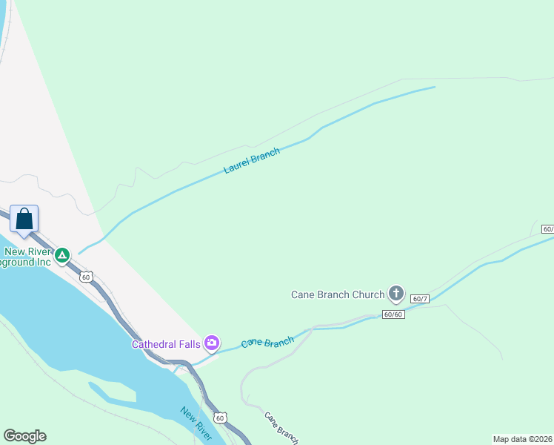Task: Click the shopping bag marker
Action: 24,220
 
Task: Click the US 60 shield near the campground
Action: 87,277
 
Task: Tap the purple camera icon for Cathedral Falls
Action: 213,343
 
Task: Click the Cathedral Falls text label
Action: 167,343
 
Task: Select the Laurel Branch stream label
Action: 252,161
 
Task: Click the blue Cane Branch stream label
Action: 267,343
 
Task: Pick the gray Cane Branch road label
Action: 281,428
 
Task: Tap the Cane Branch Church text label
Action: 337,294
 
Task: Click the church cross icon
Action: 396,294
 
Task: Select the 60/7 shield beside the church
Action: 420,298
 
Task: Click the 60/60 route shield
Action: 393,314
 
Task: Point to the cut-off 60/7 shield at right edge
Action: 547,228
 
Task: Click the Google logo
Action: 24,436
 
